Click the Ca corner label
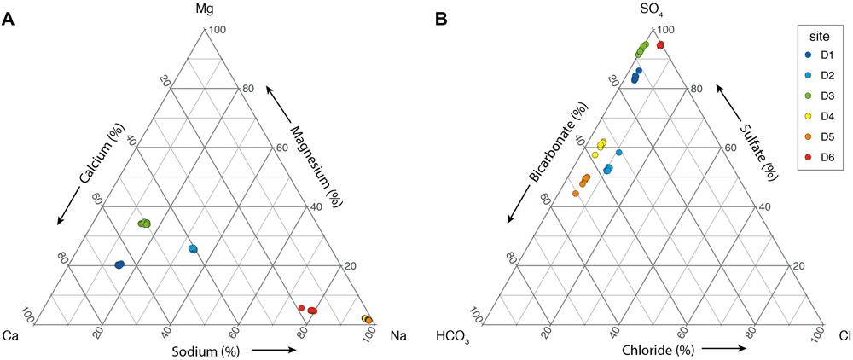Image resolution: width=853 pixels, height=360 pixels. pos(11,335)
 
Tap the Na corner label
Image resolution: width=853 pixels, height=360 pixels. pos(397,335)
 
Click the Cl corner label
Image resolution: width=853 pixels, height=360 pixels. pos(843,335)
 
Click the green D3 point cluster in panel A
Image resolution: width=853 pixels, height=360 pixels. pos(144,223)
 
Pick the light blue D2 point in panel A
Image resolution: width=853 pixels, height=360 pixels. pos(193,248)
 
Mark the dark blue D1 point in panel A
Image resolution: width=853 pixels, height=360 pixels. pos(119,264)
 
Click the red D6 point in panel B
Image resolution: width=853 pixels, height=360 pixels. pos(660,44)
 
